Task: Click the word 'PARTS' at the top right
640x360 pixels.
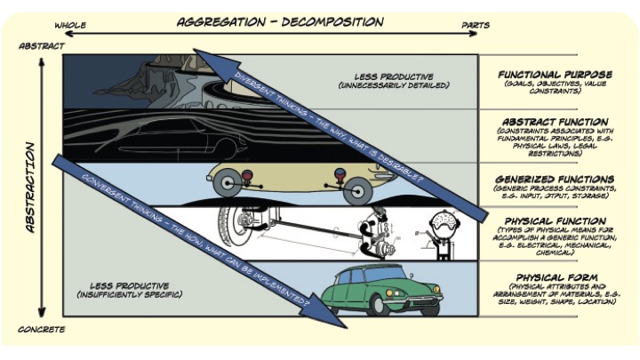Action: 476,25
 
